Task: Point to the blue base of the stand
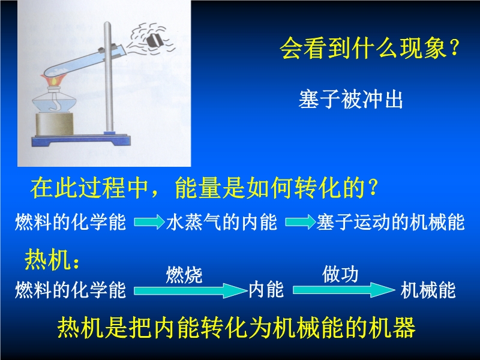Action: tap(81, 141)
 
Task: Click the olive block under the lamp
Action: tap(55, 124)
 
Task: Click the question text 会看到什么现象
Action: tap(370, 48)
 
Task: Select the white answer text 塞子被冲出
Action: tap(350, 99)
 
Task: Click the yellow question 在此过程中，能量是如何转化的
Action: tap(204, 187)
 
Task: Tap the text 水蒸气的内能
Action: tap(221, 222)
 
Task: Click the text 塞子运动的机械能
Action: tap(391, 222)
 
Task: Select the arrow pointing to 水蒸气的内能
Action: tap(149, 221)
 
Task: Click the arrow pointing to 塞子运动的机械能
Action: tap(300, 221)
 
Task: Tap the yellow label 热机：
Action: tap(52, 259)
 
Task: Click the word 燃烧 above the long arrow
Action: tap(184, 275)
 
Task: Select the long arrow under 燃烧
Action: tap(190, 290)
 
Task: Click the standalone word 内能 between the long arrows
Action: tap(266, 290)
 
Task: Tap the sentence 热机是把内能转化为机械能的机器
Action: tap(236, 328)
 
